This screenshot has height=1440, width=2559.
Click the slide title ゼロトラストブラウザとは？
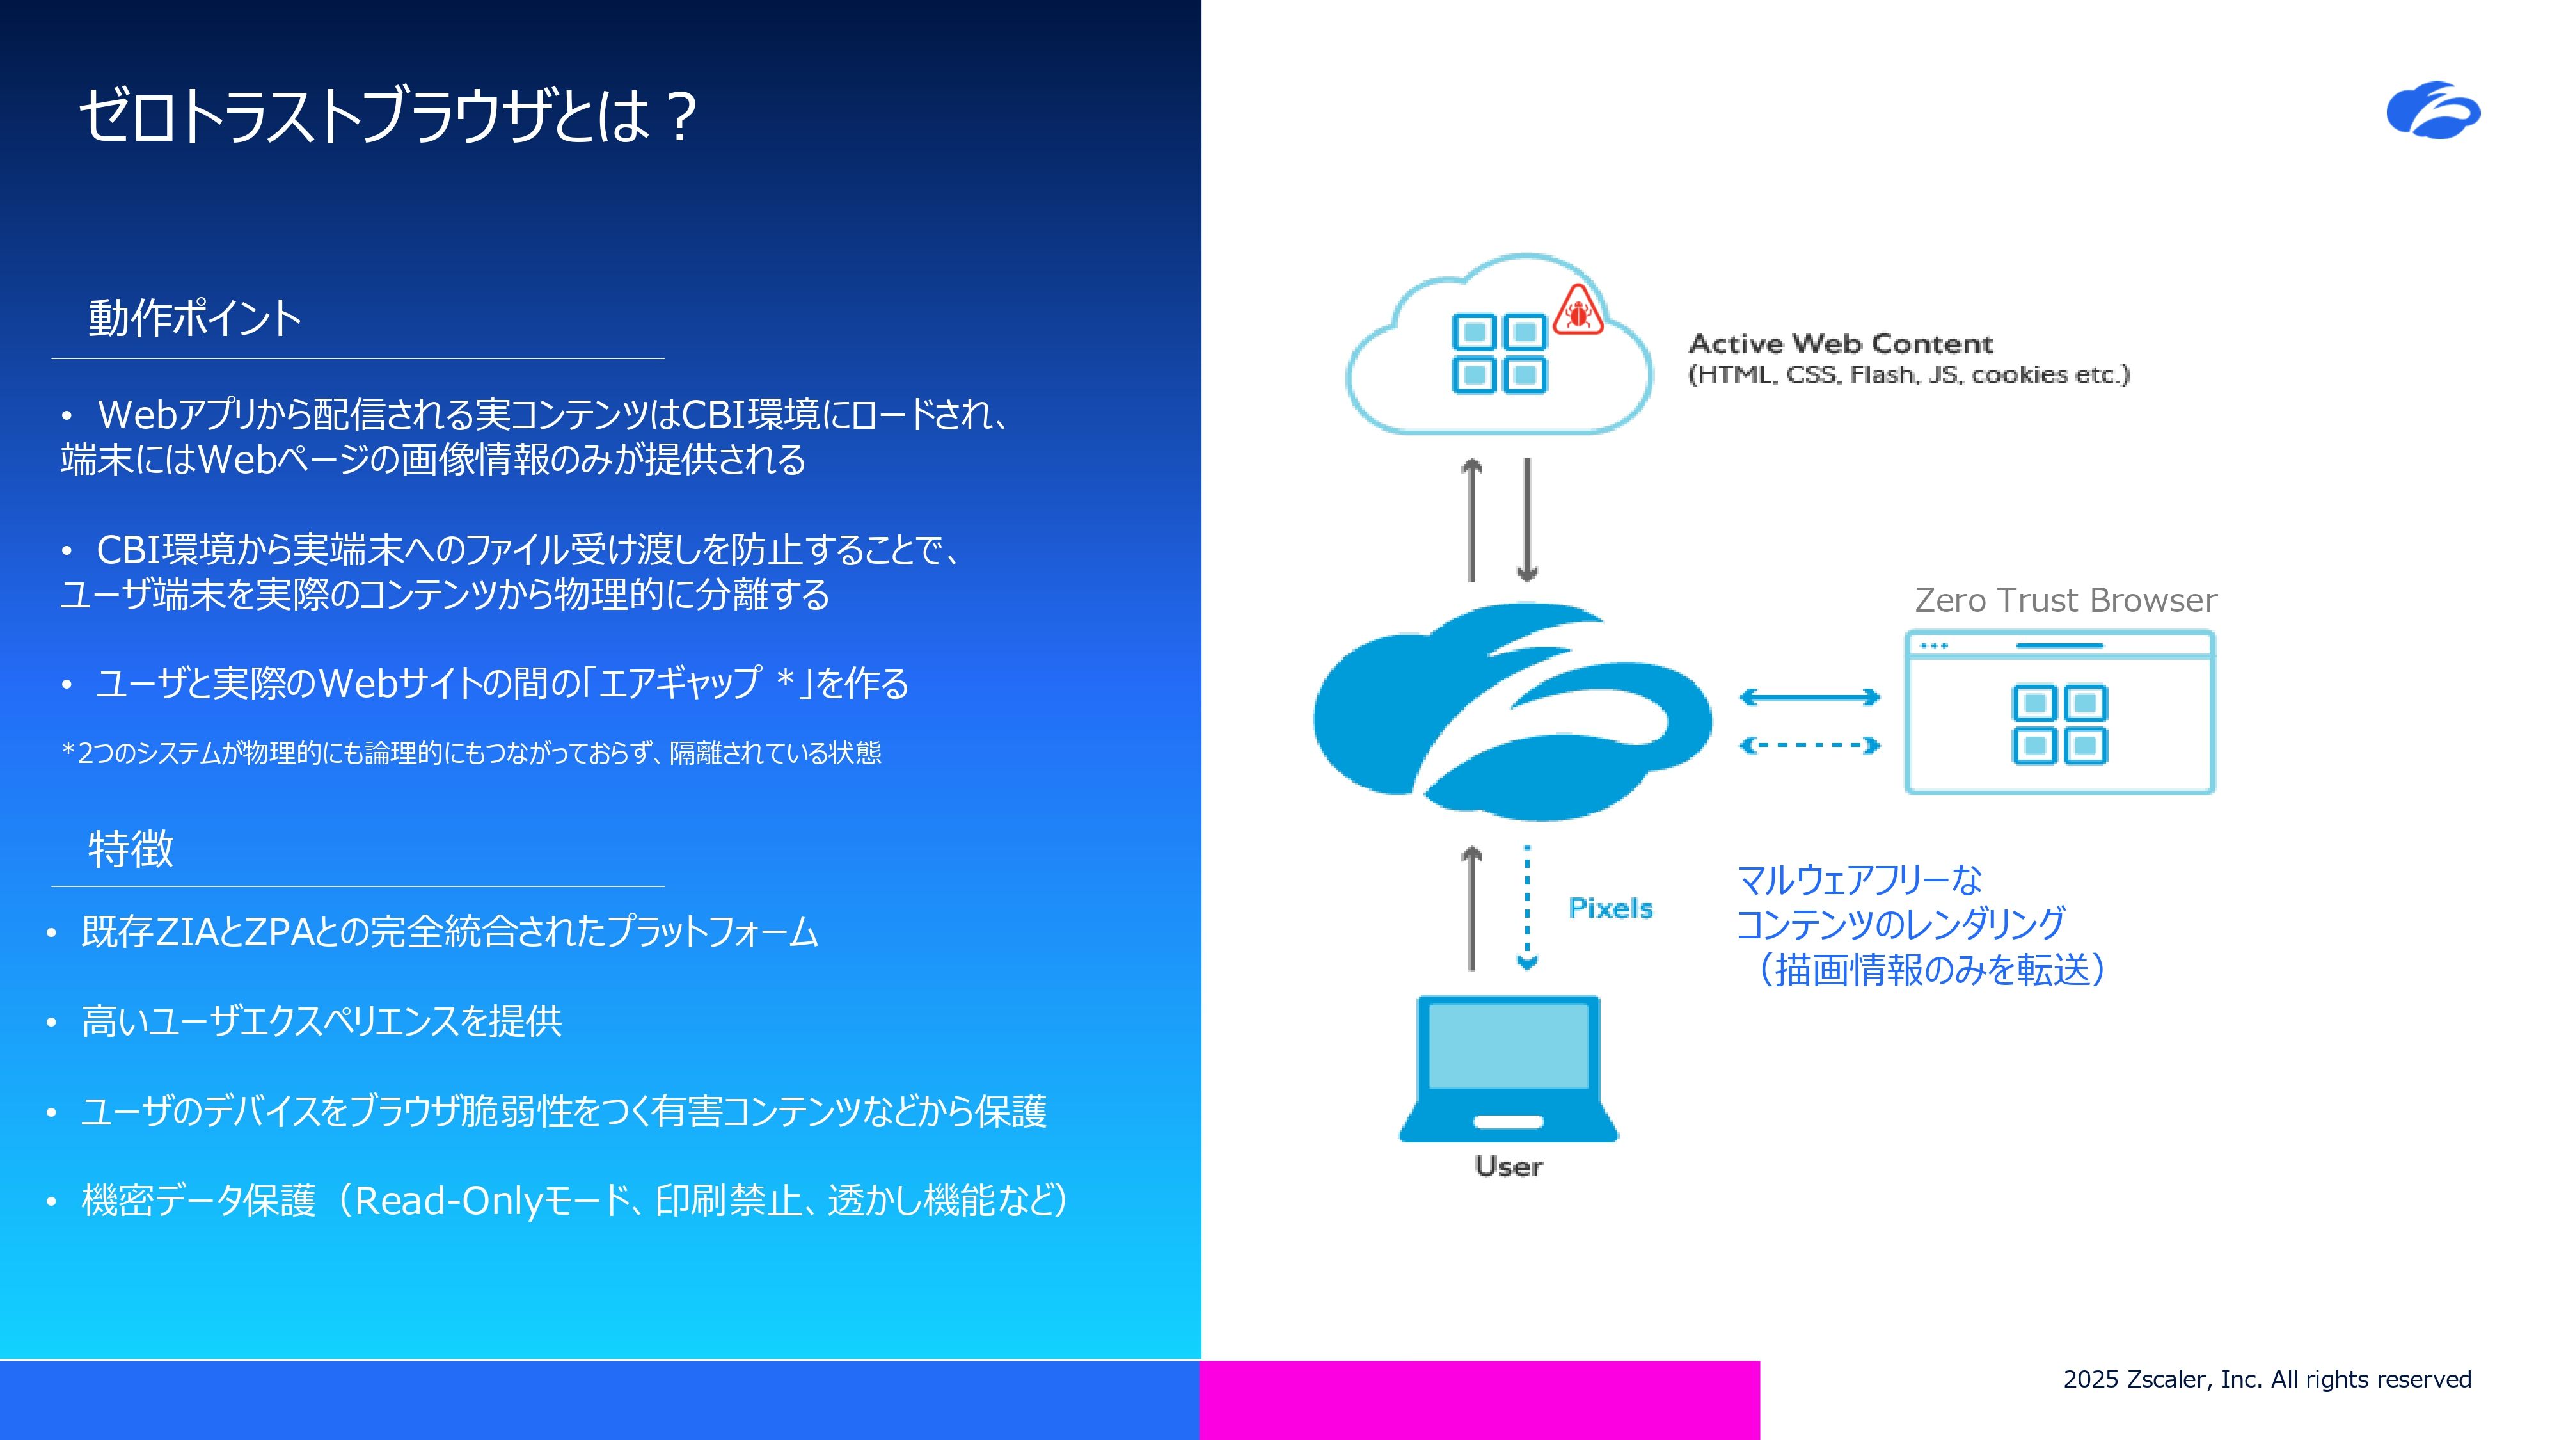(x=388, y=116)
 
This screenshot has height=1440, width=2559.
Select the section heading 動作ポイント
(x=194, y=318)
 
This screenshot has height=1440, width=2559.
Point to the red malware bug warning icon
(x=1578, y=310)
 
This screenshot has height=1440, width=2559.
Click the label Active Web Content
(x=1841, y=344)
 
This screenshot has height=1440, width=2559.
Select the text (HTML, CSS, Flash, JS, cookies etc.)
(x=1908, y=374)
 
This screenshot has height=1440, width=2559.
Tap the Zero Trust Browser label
(x=2065, y=600)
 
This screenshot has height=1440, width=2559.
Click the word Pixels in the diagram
(x=1610, y=908)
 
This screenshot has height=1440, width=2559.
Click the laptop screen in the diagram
(x=1508, y=1046)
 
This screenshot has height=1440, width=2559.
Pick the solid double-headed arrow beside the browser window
(x=1810, y=698)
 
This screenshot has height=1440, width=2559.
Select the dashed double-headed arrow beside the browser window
(x=1810, y=746)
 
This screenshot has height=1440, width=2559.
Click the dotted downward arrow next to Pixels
(x=1527, y=906)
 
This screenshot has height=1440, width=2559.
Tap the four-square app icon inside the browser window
(x=2060, y=724)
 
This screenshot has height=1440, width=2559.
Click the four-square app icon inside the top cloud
(x=1499, y=354)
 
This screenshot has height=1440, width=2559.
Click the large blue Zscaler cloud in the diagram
(x=1512, y=712)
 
